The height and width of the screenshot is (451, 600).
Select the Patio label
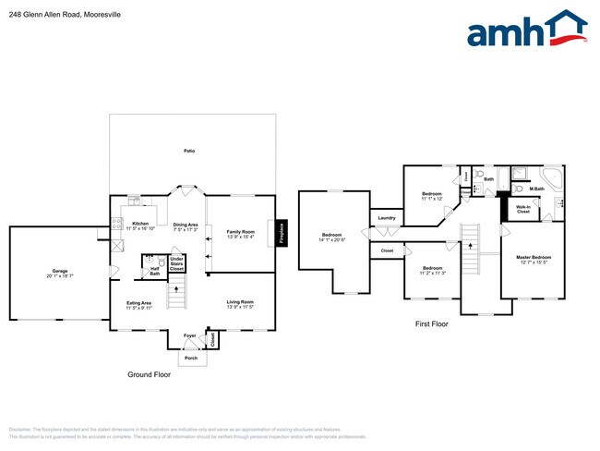(189, 151)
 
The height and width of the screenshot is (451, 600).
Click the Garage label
(60, 273)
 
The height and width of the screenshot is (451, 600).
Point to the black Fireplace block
(282, 234)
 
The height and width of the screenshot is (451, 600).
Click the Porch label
(191, 358)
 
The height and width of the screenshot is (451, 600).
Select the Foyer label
(188, 335)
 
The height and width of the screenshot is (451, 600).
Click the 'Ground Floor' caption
(149, 375)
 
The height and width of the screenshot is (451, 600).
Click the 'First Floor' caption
(431, 324)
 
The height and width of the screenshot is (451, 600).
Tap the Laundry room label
(386, 218)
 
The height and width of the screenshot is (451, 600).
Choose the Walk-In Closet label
(522, 211)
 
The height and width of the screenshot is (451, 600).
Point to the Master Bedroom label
(534, 257)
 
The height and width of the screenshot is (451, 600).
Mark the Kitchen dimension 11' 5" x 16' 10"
(140, 228)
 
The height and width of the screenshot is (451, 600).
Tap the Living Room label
(240, 302)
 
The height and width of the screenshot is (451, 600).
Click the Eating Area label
(140, 302)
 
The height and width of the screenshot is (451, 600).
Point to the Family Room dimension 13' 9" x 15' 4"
(240, 238)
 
